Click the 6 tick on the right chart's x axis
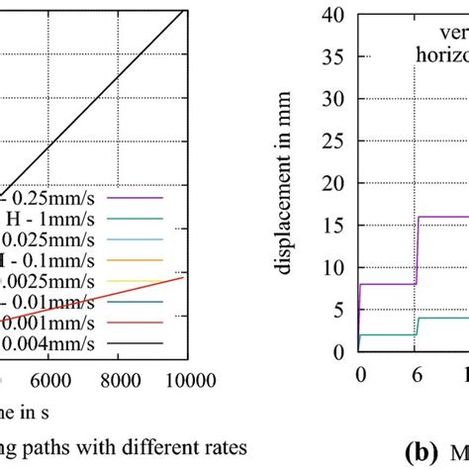(x=417, y=376)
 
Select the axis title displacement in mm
(x=298, y=182)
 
